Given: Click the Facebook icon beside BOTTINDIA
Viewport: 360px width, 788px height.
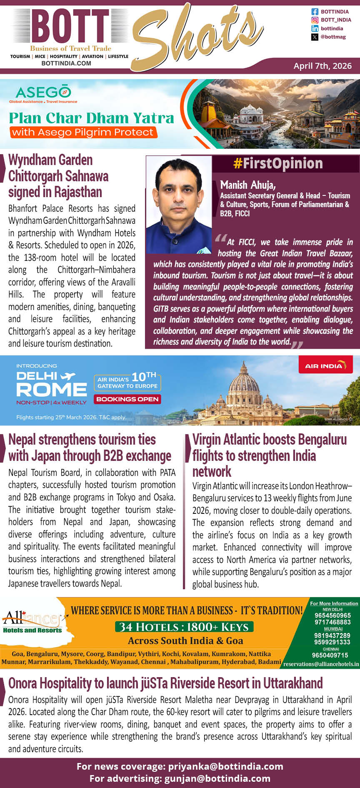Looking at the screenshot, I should (x=315, y=12).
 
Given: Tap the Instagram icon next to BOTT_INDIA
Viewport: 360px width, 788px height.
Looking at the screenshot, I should (x=315, y=20).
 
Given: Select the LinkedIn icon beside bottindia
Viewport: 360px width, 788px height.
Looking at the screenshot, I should (x=315, y=28).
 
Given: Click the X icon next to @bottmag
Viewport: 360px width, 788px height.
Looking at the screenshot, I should (x=315, y=37).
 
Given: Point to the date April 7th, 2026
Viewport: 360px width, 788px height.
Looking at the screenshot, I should (x=322, y=66).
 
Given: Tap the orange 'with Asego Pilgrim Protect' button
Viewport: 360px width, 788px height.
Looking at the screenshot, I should (x=82, y=133).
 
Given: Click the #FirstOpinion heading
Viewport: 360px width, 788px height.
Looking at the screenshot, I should (x=278, y=163).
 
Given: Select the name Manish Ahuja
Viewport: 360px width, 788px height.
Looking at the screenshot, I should (x=248, y=185).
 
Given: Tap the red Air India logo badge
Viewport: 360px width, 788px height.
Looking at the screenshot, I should (x=325, y=365).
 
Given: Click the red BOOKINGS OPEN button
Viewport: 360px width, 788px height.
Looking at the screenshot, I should (x=127, y=399).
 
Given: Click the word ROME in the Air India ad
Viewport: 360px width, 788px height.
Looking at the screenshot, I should (x=51, y=390).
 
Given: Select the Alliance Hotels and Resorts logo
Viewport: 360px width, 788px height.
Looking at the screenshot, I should (x=32, y=622).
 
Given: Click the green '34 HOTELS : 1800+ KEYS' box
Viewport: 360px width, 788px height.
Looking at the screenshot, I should (x=184, y=627).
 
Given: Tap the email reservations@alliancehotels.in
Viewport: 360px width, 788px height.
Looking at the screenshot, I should (x=321, y=664).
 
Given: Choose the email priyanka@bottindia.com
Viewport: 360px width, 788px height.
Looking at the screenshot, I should (x=225, y=766).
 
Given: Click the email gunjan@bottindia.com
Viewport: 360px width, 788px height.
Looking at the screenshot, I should (x=217, y=778).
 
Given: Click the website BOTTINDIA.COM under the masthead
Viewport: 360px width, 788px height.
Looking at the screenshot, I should (x=66, y=63).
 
